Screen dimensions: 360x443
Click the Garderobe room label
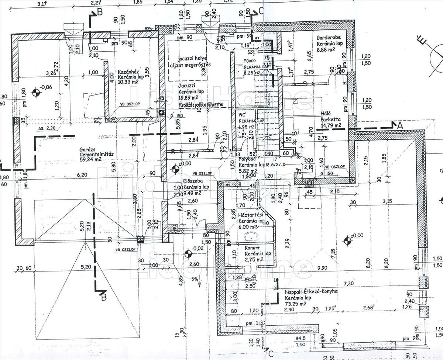tap(330, 37)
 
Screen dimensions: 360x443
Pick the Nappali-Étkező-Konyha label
tap(311, 291)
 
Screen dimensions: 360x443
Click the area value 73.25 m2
tap(296, 304)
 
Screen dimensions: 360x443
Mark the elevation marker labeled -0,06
tap(36, 92)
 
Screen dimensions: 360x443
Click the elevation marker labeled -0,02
tap(188, 253)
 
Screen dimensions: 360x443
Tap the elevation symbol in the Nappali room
tap(347, 241)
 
